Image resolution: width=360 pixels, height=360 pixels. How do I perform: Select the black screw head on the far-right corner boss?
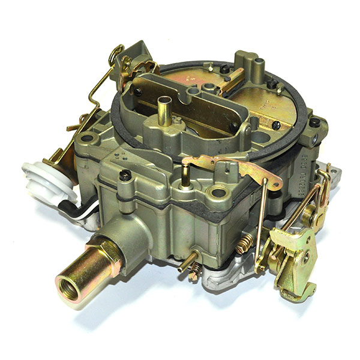314,124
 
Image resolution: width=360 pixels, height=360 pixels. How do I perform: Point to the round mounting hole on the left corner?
88,139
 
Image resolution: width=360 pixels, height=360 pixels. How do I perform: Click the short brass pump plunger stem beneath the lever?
185,175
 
